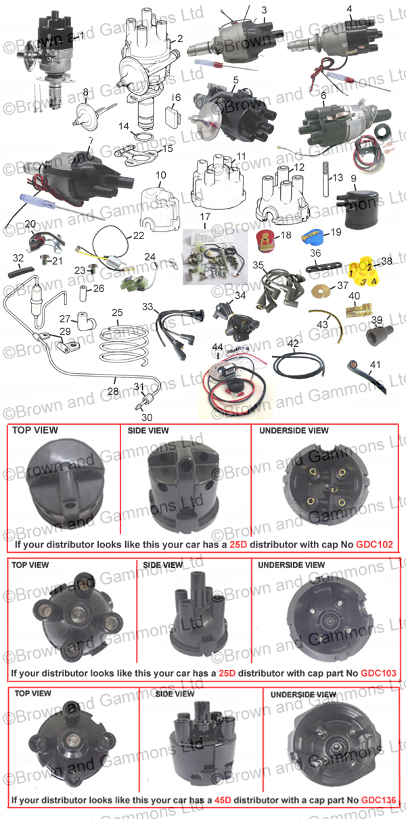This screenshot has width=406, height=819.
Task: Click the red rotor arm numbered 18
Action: [x=265, y=240]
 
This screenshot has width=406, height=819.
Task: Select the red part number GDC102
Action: [x=375, y=545]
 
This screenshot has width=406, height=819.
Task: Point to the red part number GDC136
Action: [x=379, y=800]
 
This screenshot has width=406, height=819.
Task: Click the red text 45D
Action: [x=223, y=800]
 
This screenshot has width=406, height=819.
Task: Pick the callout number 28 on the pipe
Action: [x=113, y=392]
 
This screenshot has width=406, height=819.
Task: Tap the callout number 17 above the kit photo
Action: [x=205, y=217]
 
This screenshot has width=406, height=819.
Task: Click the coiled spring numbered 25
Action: [x=124, y=344]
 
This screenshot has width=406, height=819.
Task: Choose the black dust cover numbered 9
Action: [x=357, y=209]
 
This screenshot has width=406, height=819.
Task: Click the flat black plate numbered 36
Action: [x=323, y=266]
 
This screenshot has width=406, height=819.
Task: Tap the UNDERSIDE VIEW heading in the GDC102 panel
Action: [x=294, y=430]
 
